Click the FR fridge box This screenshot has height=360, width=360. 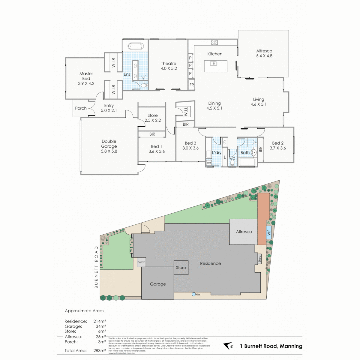tap(192, 85)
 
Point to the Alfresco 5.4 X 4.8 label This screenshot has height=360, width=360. tap(264, 53)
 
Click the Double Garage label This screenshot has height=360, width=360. tap(109, 146)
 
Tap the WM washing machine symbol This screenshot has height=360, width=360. tap(209, 163)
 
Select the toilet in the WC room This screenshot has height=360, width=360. tap(232, 163)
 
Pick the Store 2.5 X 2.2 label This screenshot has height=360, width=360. tap(153, 118)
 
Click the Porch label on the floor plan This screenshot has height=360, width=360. tap(81, 108)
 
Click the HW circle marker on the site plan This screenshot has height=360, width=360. tap(194, 294)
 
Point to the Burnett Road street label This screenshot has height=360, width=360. tap(96, 267)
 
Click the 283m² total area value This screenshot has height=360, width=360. tap(100, 350)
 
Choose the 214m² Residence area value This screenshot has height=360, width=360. tap(100, 321)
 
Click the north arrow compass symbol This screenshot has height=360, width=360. tap(229, 346)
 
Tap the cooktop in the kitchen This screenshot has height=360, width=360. tap(214, 42)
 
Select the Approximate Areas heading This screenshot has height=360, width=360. tap(84, 311)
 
